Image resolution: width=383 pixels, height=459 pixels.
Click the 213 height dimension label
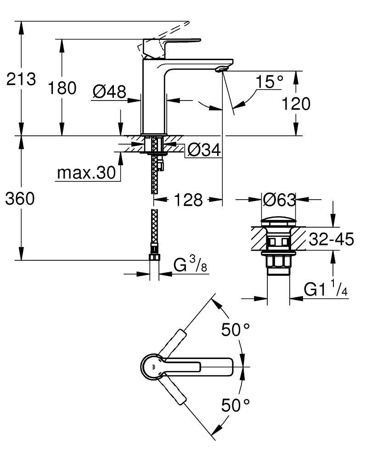point(21,79)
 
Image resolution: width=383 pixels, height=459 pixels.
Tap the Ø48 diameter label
point(109,92)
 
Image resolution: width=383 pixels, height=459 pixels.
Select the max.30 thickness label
point(85,173)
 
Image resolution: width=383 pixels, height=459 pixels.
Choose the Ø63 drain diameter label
point(279,199)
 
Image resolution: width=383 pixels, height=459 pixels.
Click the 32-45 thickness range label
point(331,239)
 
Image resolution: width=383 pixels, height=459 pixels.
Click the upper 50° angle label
point(236,329)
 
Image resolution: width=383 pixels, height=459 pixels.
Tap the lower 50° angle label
point(236,405)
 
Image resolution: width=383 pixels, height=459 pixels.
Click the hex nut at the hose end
point(154,257)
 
